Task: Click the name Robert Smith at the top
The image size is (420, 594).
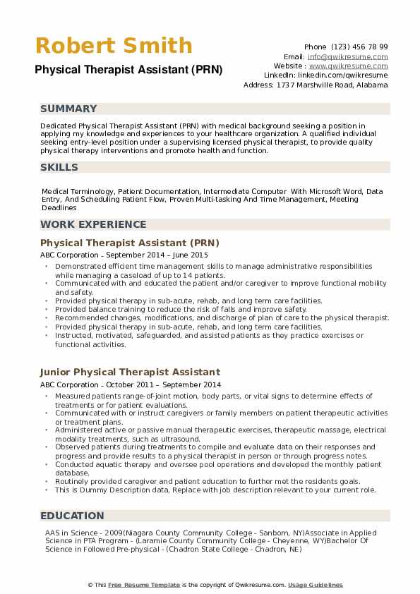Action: tap(114, 46)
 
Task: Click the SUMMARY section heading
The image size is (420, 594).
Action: tap(68, 109)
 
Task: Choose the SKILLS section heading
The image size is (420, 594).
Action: tap(59, 167)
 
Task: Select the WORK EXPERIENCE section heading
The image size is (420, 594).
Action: tap(94, 224)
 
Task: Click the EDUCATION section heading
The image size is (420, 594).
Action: tap(72, 516)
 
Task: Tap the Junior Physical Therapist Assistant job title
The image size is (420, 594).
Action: tap(130, 372)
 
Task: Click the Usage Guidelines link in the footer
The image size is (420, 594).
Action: tap(315, 585)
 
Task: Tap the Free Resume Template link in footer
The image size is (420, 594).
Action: tap(143, 585)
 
